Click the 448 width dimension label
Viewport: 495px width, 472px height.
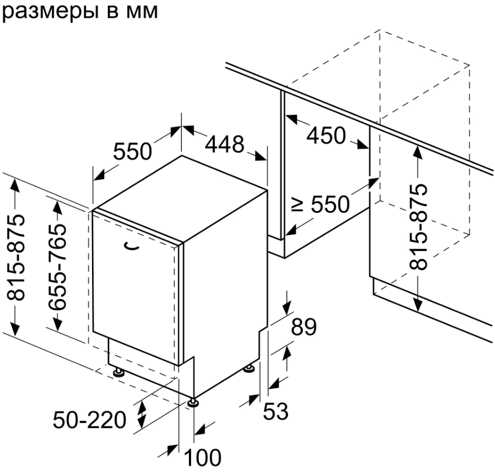pyautogui.click(x=225, y=144)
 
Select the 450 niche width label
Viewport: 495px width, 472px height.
pyautogui.click(x=326, y=136)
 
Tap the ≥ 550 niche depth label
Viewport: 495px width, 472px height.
pyautogui.click(x=321, y=205)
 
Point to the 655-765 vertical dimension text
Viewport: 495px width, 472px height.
pyautogui.click(x=57, y=267)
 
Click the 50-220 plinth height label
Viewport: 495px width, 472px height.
pyautogui.click(x=89, y=420)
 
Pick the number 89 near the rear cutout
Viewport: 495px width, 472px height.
pyautogui.click(x=303, y=327)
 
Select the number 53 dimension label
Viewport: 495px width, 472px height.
pyautogui.click(x=276, y=411)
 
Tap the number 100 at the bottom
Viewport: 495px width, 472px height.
pyautogui.click(x=203, y=458)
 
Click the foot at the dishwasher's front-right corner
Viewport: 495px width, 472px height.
pyautogui.click(x=193, y=402)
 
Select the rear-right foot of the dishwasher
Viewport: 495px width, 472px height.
pyautogui.click(x=250, y=368)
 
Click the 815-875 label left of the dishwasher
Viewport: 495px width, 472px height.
pyautogui.click(x=16, y=258)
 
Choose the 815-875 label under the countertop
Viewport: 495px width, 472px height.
pyautogui.click(x=418, y=227)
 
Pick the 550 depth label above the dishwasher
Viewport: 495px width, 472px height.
pyautogui.click(x=132, y=151)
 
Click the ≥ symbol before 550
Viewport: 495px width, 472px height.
pyautogui.click(x=297, y=205)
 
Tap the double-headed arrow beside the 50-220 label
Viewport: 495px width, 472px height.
pyautogui.click(x=142, y=414)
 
